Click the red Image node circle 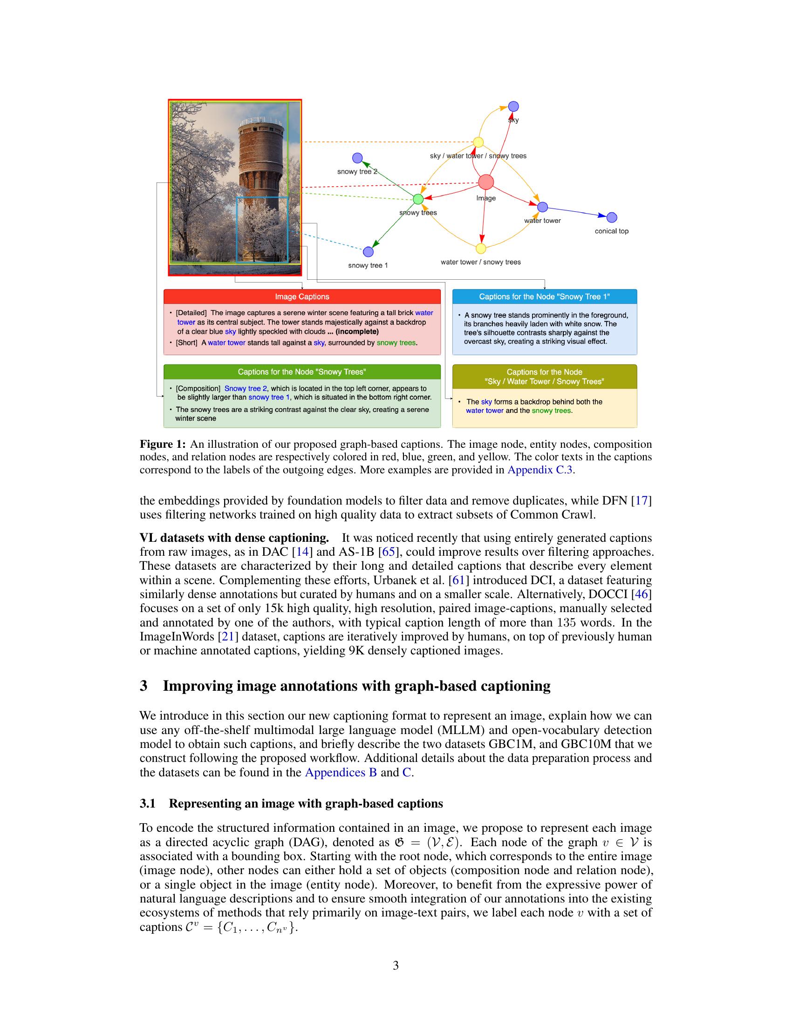(485, 182)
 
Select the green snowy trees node (417, 199)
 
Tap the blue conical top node (611, 217)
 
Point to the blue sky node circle (513, 107)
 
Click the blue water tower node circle (542, 207)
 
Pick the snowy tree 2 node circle (357, 158)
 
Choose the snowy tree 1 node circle (369, 252)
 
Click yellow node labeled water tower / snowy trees (480, 248)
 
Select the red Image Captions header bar (302, 296)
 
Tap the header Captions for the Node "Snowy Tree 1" (544, 296)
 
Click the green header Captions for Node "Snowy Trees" (302, 372)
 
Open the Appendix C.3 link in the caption (539, 470)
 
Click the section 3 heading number (143, 686)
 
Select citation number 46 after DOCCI (642, 594)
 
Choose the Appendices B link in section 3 (341, 772)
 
